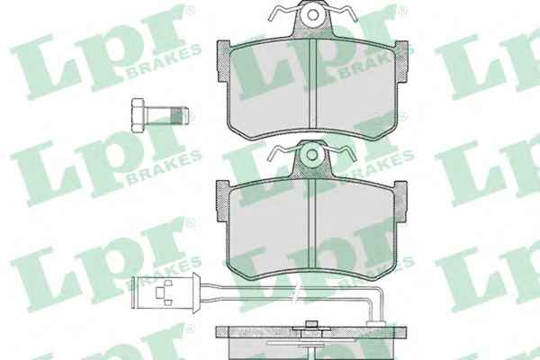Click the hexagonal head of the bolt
[x=138, y=115]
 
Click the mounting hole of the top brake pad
[x=313, y=14]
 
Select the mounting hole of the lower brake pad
[x=312, y=155]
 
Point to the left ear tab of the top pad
[x=224, y=62]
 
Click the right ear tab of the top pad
[x=401, y=62]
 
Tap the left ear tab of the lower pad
[x=223, y=202]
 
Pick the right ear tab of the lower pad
[x=400, y=202]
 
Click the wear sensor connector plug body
[x=165, y=292]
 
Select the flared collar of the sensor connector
[x=196, y=292]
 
